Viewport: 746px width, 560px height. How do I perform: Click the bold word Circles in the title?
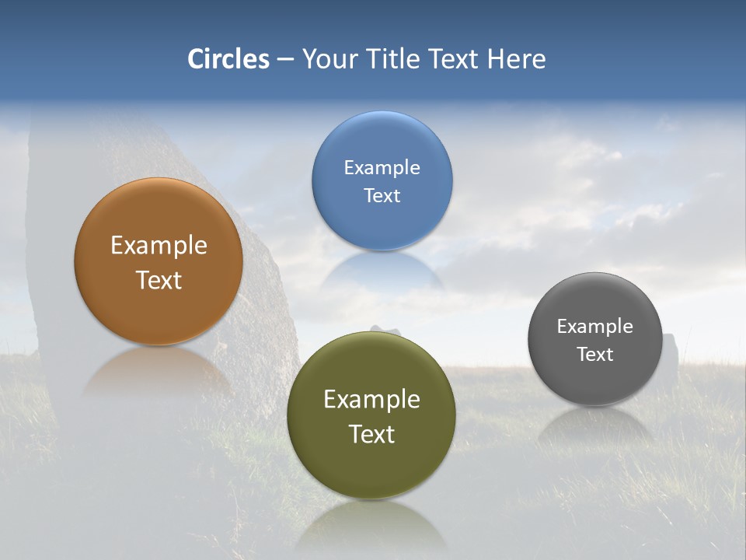click(x=228, y=59)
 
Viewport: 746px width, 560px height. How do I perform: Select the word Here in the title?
click(x=516, y=59)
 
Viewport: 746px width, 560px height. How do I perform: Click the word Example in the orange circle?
click(x=159, y=245)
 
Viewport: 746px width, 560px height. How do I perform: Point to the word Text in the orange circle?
click(x=159, y=280)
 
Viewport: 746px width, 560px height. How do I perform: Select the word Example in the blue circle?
click(x=382, y=167)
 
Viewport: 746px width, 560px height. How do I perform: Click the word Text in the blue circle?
click(x=382, y=195)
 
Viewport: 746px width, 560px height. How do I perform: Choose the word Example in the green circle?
click(x=371, y=399)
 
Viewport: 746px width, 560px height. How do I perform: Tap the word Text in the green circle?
click(x=371, y=434)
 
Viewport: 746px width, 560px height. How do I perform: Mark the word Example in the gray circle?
click(x=595, y=326)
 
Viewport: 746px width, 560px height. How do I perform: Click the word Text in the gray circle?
click(x=595, y=354)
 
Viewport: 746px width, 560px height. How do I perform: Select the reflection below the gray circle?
click(x=595, y=423)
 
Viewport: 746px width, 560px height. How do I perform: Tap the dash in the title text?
click(x=285, y=60)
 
